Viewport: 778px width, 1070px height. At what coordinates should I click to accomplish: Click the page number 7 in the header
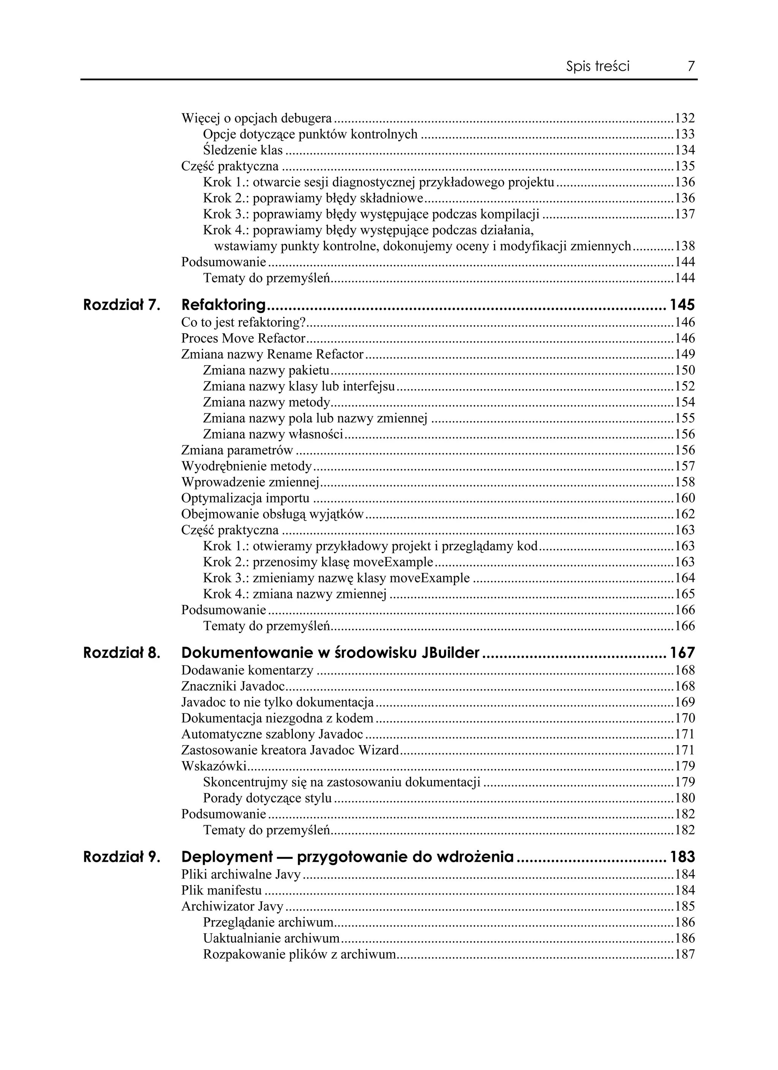[x=691, y=66]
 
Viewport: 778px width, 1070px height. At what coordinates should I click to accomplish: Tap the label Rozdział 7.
[x=122, y=305]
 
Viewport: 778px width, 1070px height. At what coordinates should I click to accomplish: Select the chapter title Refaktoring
[x=224, y=305]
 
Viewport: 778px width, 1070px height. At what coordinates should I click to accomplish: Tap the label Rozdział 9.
[x=122, y=857]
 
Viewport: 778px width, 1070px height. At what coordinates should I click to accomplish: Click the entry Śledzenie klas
[x=242, y=150]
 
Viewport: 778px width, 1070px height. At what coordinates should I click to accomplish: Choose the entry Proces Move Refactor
[x=244, y=338]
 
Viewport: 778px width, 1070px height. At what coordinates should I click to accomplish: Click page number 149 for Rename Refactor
[x=685, y=354]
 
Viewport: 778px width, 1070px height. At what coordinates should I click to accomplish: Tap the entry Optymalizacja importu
[x=245, y=498]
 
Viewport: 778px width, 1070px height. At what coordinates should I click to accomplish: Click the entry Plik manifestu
[x=221, y=890]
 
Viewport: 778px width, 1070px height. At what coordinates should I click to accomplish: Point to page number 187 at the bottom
[x=685, y=954]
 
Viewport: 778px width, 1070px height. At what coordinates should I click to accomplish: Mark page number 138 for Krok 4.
[x=685, y=246]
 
